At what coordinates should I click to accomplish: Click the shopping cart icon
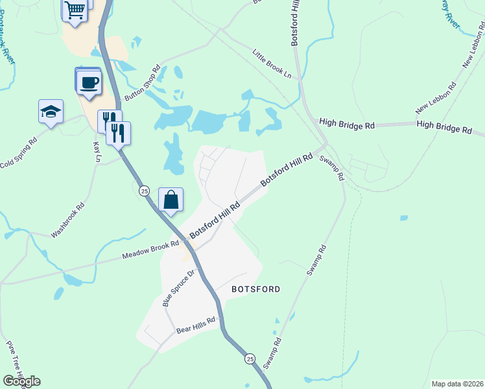75,10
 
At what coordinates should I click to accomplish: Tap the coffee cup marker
88,82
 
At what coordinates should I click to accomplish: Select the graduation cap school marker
51,112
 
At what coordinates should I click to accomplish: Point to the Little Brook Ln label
272,65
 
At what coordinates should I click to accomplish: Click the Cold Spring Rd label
19,152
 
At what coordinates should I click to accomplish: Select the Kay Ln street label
97,152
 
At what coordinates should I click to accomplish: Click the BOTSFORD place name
255,289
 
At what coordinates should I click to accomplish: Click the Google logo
21,381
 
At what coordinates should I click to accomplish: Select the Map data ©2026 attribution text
457,384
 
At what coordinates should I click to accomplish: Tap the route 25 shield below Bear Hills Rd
250,359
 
